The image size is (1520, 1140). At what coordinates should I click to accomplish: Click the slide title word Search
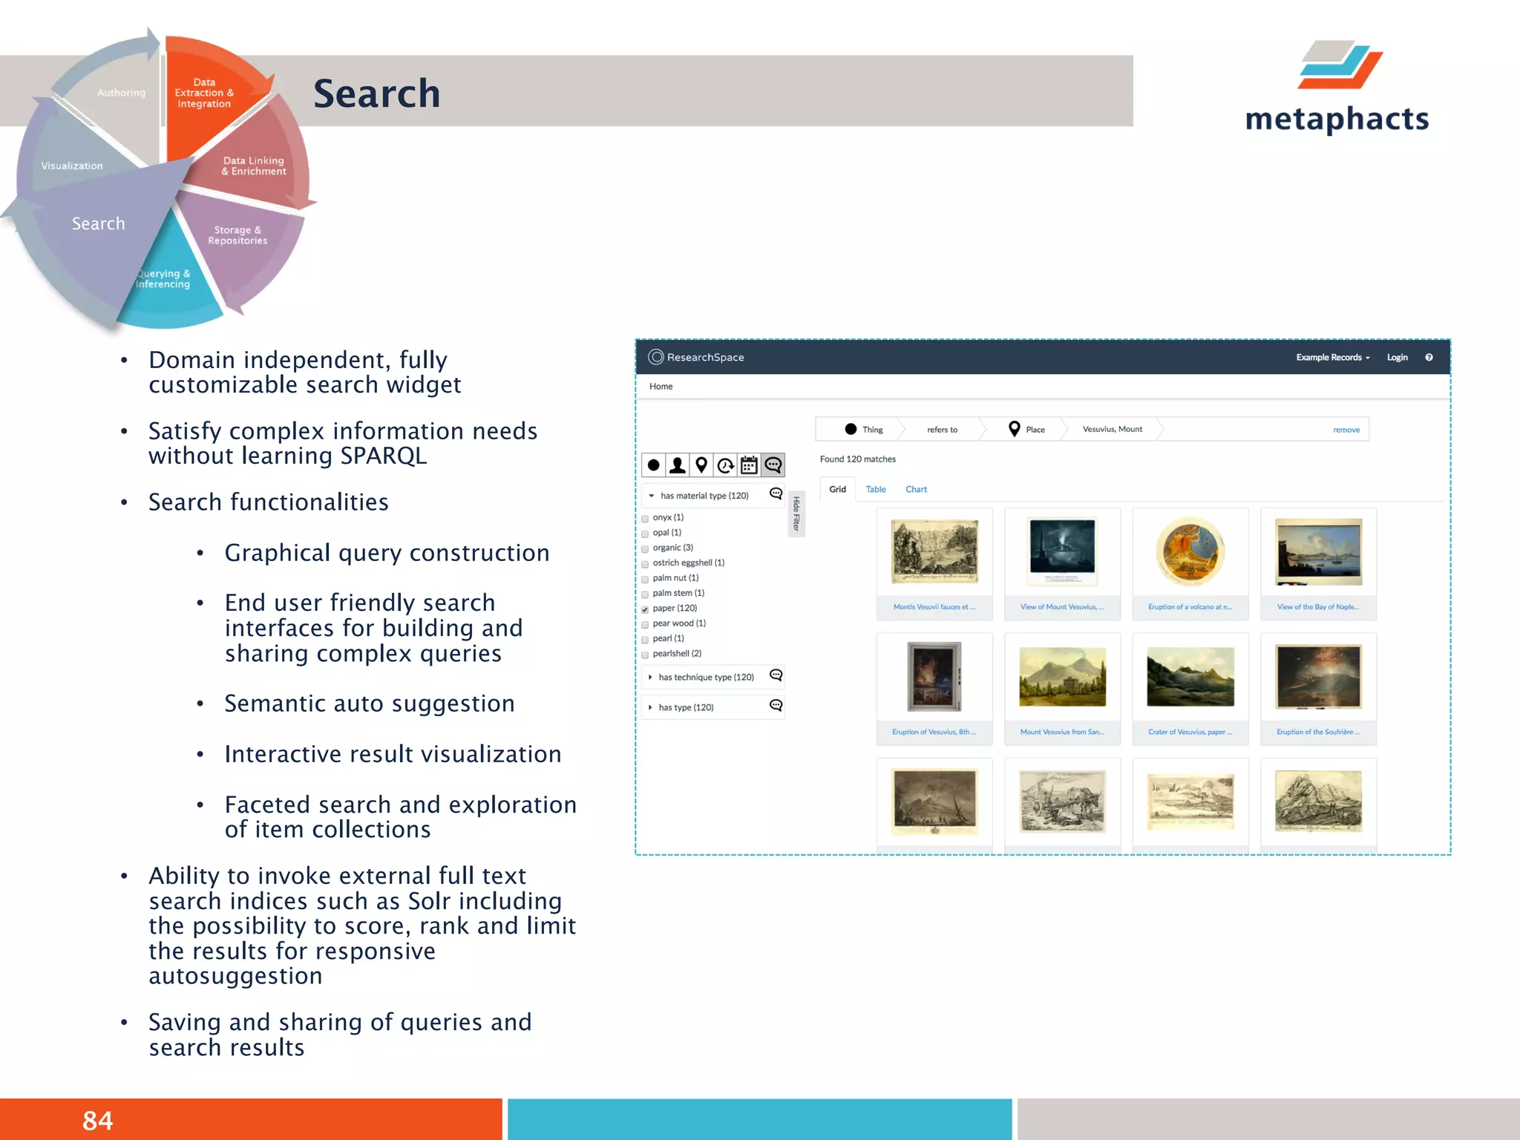tap(376, 94)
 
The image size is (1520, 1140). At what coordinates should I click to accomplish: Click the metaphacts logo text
tap(1337, 119)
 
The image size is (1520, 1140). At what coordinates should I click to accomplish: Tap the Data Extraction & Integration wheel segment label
tap(204, 94)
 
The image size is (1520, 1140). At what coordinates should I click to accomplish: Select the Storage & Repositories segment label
tap(237, 235)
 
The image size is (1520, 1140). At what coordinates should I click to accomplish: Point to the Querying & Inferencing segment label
tap(163, 279)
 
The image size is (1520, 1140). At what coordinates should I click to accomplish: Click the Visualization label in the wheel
tap(72, 166)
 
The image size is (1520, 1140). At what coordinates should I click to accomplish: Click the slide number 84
tap(97, 1120)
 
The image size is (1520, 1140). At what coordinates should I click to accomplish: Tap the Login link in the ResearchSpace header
tap(1397, 358)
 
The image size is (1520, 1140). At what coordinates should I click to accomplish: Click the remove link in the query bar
tap(1346, 430)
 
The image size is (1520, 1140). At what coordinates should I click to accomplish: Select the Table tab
tap(876, 490)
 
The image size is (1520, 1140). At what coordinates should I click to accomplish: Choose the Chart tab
tap(916, 490)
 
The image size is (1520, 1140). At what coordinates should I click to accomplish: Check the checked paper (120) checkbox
tap(645, 609)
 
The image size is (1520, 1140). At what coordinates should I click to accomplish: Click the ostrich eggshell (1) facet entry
tap(688, 563)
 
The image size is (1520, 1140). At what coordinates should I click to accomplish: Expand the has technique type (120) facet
tap(705, 677)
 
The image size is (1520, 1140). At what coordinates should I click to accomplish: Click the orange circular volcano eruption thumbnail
tap(1190, 552)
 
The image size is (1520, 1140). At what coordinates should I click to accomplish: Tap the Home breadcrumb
tap(661, 387)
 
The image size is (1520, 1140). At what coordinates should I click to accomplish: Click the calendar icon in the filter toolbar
tap(749, 465)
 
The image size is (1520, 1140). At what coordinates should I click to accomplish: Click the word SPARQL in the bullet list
tap(383, 456)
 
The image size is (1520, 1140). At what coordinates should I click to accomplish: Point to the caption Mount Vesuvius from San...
tap(1061, 732)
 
